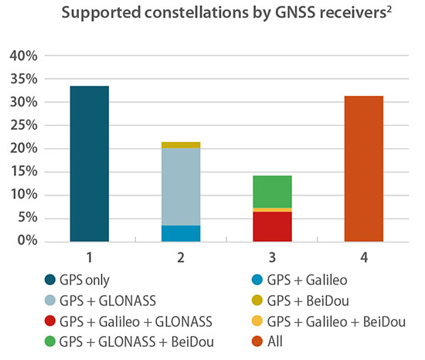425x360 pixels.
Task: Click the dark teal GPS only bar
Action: click(x=89, y=164)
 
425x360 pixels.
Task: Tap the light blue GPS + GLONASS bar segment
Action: click(x=179, y=186)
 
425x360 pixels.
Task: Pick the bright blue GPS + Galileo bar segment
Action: click(x=179, y=233)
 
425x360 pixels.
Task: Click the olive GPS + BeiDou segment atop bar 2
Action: click(x=179, y=144)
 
